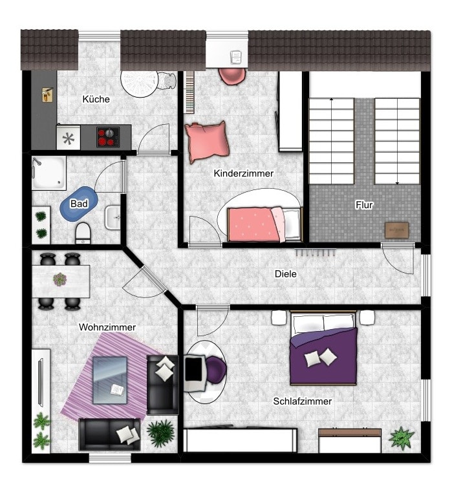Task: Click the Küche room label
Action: (96, 99)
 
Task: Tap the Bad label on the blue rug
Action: (79, 204)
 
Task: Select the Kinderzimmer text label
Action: (244, 173)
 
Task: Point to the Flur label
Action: (364, 204)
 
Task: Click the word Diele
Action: (286, 274)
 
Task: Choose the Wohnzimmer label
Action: (107, 327)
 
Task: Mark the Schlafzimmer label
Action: (303, 401)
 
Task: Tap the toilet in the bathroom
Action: (83, 233)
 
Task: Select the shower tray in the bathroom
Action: (49, 173)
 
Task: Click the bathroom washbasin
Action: (113, 217)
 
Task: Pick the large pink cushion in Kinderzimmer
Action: (207, 142)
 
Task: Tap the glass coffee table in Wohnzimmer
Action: (110, 380)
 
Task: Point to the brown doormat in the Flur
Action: (397, 230)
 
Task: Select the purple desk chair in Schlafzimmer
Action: (216, 370)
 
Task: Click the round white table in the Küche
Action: (140, 83)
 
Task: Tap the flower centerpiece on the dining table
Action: (60, 279)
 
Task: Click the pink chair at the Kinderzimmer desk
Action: (232, 76)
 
